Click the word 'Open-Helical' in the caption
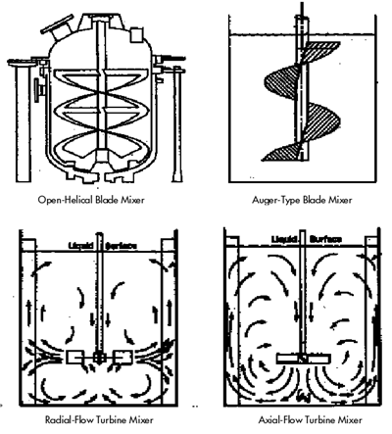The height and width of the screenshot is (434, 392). coord(66,200)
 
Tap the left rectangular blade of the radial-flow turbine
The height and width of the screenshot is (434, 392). coord(75,358)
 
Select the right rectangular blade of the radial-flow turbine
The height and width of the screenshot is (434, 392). coord(122,358)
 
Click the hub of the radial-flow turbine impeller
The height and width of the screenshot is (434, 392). coord(99,357)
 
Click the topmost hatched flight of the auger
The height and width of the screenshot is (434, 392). coord(320,52)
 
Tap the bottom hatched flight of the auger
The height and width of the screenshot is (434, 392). coord(282,153)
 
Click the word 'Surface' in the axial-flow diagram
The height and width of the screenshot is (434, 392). coord(325,239)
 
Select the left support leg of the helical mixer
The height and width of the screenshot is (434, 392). coord(24,122)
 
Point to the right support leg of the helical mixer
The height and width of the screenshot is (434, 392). coord(177,124)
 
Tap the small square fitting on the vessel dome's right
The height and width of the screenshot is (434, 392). coord(136,35)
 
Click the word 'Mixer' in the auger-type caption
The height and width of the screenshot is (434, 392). coord(340,200)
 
